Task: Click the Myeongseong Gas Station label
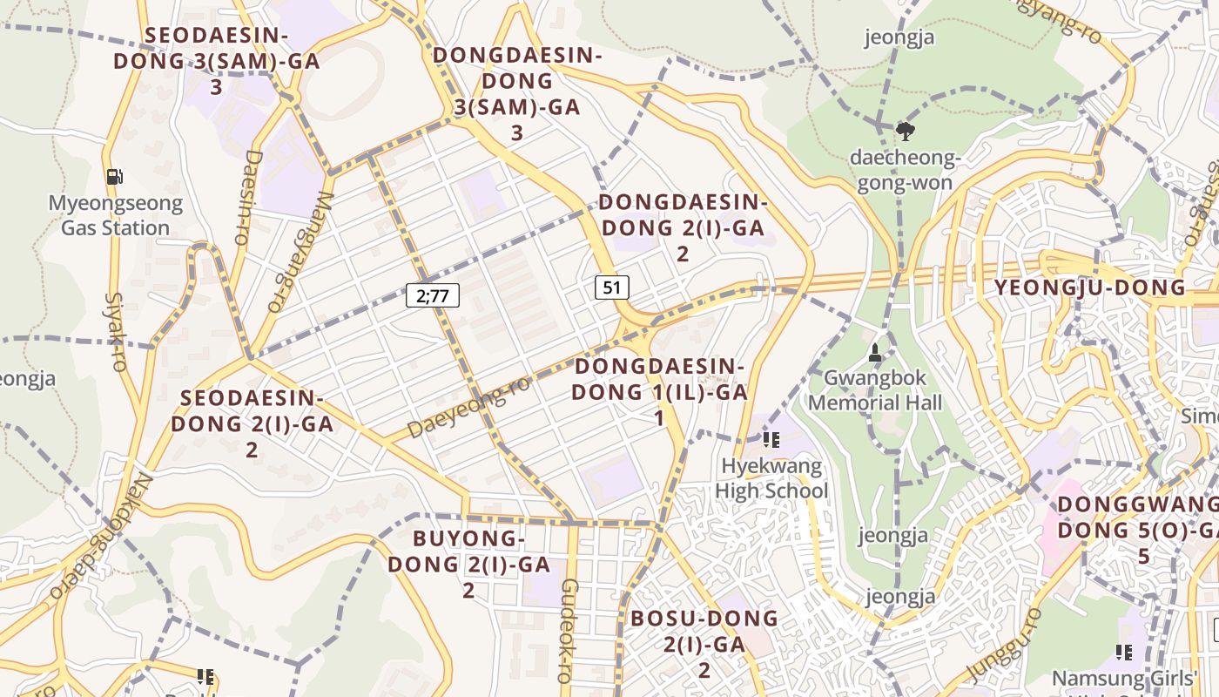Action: pos(115,216)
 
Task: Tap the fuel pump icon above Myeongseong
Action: pos(115,177)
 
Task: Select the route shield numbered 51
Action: pos(612,288)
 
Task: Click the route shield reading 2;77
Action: pos(433,295)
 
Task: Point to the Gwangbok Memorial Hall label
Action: pos(875,390)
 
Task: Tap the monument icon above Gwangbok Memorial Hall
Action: pos(875,353)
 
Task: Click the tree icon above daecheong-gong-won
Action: pos(906,132)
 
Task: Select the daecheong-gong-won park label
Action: pos(906,171)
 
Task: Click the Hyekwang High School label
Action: pos(771,478)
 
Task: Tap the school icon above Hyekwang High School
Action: pos(771,440)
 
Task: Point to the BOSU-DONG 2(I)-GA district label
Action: pos(704,644)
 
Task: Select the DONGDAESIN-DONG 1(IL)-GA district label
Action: pos(660,392)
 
